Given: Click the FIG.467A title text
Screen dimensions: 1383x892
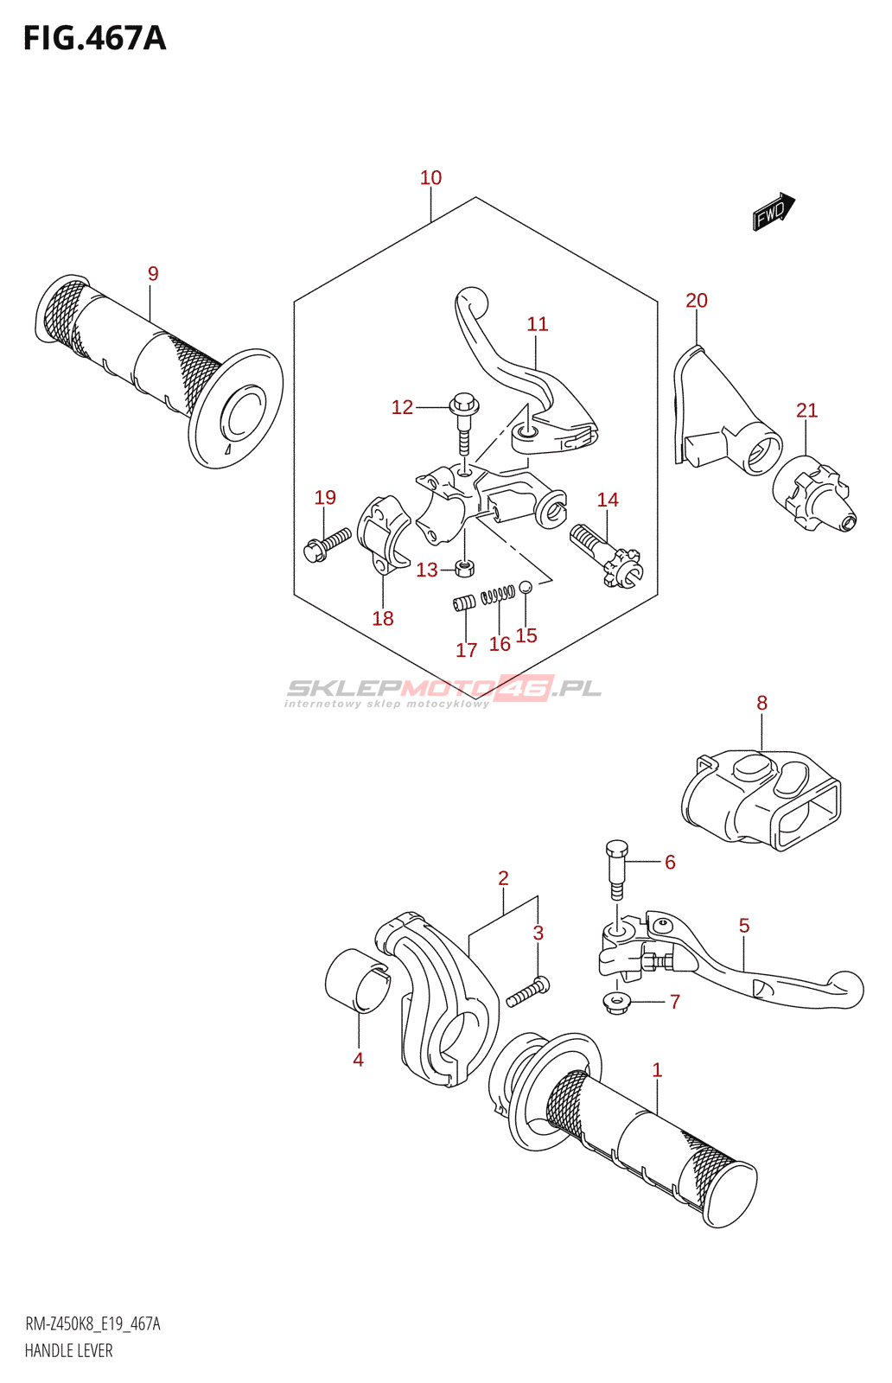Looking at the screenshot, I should [94, 39].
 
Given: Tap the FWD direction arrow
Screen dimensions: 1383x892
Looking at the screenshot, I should [773, 212].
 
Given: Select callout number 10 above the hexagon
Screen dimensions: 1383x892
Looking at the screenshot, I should [430, 178].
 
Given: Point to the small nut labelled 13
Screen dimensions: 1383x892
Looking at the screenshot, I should [465, 568].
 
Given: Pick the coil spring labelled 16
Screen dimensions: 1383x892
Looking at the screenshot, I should [498, 594].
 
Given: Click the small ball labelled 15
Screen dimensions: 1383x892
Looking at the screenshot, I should [526, 587].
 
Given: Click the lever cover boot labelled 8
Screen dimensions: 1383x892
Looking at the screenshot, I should [761, 800].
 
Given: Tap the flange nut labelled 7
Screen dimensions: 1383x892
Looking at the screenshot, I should [617, 1003].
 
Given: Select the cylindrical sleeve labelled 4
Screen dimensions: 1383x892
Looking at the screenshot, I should [356, 979].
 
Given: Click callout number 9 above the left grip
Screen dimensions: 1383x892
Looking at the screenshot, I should [153, 274].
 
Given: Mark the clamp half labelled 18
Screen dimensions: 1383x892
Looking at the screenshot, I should [380, 536].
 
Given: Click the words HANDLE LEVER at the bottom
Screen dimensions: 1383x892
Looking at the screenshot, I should [68, 1350].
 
